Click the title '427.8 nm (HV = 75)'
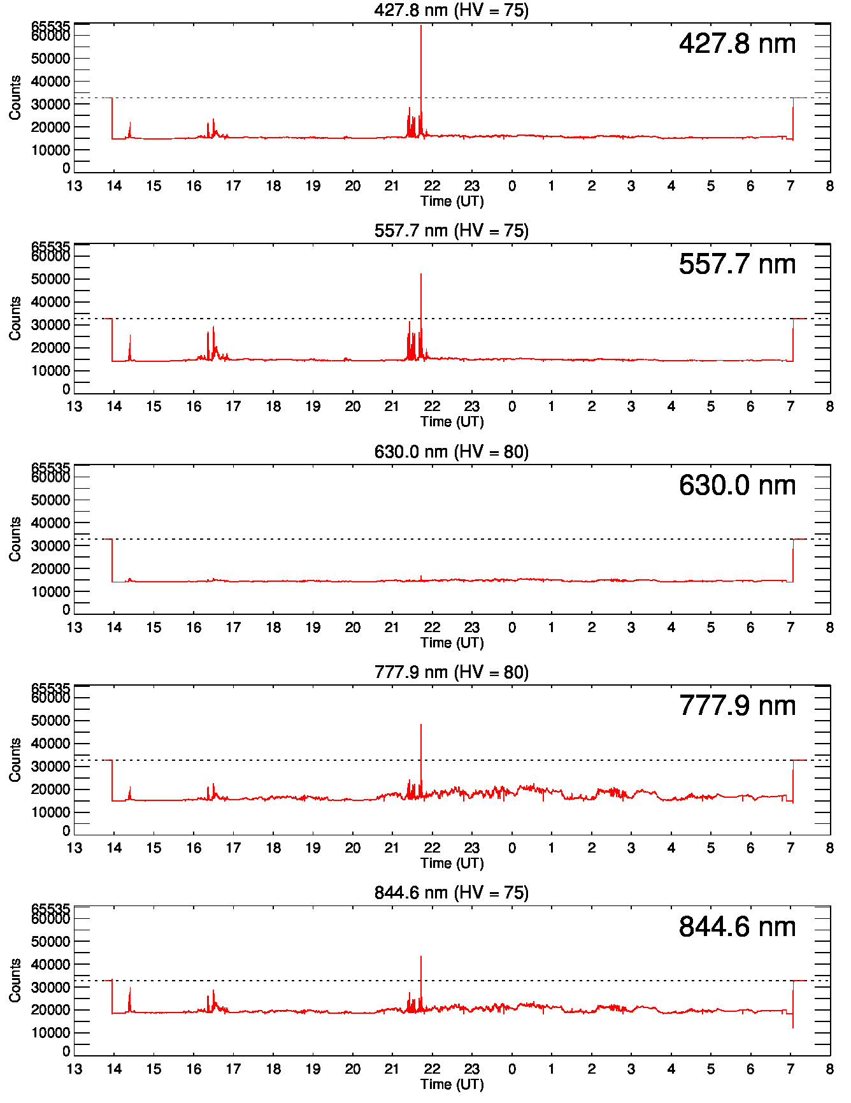451,10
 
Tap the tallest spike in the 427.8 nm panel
421,29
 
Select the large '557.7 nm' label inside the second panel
737,264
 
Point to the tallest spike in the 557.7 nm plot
421,276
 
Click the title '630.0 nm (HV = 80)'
451,452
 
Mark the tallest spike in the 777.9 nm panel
421,726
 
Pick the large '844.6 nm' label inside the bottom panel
737,927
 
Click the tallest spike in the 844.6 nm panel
421,958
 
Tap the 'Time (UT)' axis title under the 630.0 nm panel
452,642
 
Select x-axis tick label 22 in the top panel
432,186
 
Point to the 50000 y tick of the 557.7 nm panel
51,279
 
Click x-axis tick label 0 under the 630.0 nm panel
511,628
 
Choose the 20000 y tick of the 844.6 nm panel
51,1010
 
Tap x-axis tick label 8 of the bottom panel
829,1069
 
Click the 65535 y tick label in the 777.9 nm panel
51,689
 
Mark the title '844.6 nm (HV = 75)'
451,893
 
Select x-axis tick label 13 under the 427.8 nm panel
75,186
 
